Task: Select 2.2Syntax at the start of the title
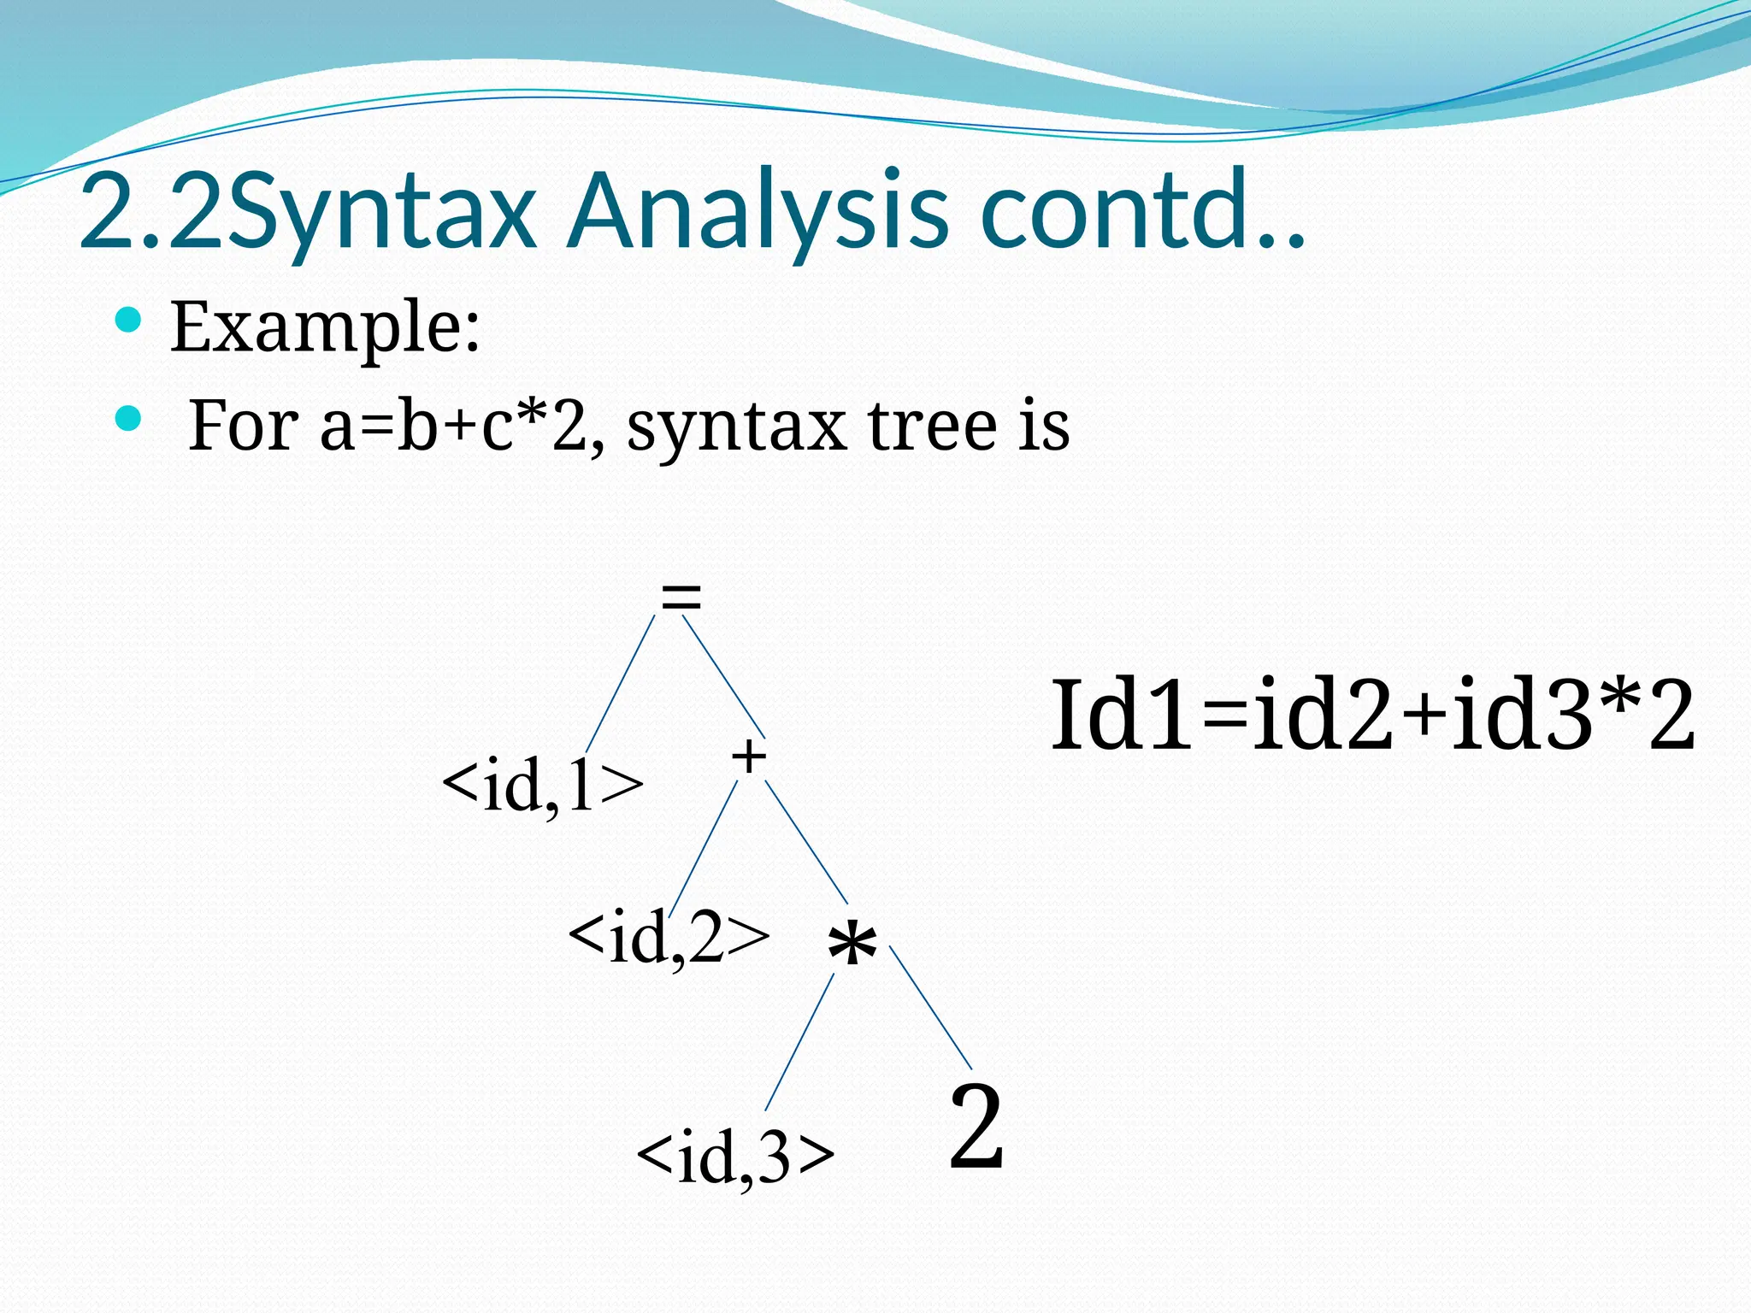coord(308,212)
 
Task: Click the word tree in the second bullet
coord(932,425)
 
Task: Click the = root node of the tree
coord(681,597)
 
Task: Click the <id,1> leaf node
coord(542,785)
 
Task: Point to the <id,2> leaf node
coord(668,938)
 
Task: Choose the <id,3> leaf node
coord(735,1157)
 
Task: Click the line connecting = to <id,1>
coord(620,684)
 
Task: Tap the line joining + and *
coord(805,842)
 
